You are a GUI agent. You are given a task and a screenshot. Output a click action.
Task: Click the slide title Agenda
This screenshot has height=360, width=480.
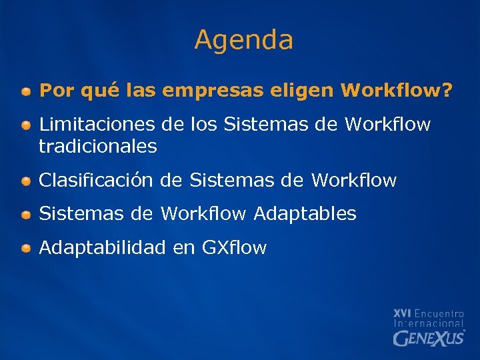[243, 41]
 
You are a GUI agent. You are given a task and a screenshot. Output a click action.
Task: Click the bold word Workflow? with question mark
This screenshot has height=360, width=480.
[396, 90]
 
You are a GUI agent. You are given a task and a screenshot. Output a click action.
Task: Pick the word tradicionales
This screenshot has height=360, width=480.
[98, 146]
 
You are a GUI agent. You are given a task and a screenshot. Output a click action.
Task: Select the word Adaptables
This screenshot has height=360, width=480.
[305, 214]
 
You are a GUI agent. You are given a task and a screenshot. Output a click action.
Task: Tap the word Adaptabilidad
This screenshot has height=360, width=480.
[102, 248]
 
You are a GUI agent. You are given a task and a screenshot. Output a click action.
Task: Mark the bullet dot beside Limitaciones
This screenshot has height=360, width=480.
[25, 125]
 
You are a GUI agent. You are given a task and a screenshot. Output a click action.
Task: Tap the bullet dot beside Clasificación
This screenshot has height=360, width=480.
[25, 181]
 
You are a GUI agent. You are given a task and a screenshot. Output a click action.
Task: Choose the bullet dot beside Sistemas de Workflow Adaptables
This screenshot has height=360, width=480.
[25, 215]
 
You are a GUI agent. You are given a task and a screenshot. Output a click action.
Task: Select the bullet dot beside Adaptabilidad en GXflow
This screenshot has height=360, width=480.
[25, 249]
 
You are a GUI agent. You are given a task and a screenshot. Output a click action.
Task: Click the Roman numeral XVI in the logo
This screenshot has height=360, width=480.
[402, 313]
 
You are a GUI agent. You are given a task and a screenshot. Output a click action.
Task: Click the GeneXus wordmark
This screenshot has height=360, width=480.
[429, 338]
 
